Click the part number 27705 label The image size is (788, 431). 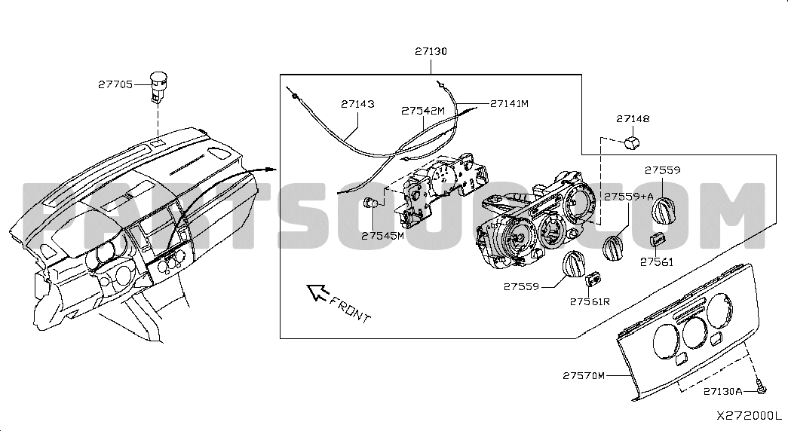(115, 84)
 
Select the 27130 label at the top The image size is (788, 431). (431, 52)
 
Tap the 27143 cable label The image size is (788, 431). (357, 104)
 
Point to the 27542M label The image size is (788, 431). (423, 110)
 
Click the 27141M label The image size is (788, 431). (509, 103)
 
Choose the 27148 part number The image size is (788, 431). (633, 119)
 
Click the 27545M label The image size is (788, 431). (382, 235)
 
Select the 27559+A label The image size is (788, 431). (628, 196)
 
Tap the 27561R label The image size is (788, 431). (589, 301)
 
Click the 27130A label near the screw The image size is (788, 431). (723, 391)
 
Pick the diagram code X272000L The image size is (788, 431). (750, 415)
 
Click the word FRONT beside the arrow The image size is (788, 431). (351, 310)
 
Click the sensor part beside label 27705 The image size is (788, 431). (158, 85)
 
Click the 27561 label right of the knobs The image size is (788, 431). (657, 262)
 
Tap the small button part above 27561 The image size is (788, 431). (657, 240)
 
